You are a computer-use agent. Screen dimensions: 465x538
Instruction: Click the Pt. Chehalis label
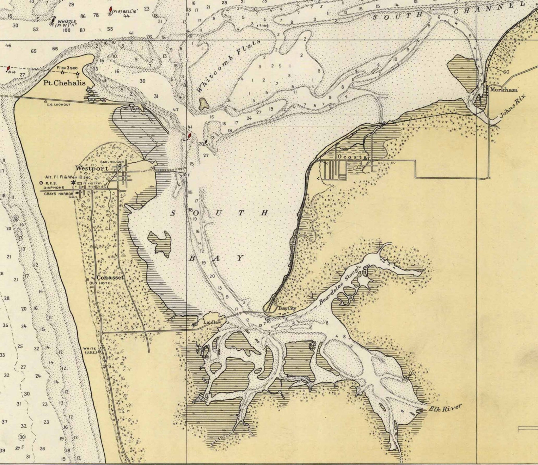(64, 83)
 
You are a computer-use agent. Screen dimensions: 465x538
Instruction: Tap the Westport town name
(92, 168)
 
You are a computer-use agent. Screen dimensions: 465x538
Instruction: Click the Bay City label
(287, 308)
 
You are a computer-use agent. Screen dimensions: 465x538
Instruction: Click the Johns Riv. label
(513, 106)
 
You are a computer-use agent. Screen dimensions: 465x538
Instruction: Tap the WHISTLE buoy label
(67, 22)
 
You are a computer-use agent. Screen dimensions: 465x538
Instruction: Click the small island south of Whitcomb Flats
(204, 104)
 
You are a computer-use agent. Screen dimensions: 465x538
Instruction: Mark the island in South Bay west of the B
(160, 242)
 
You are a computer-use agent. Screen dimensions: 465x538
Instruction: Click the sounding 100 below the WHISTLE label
(66, 31)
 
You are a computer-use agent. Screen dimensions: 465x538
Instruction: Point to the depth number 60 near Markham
(506, 72)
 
